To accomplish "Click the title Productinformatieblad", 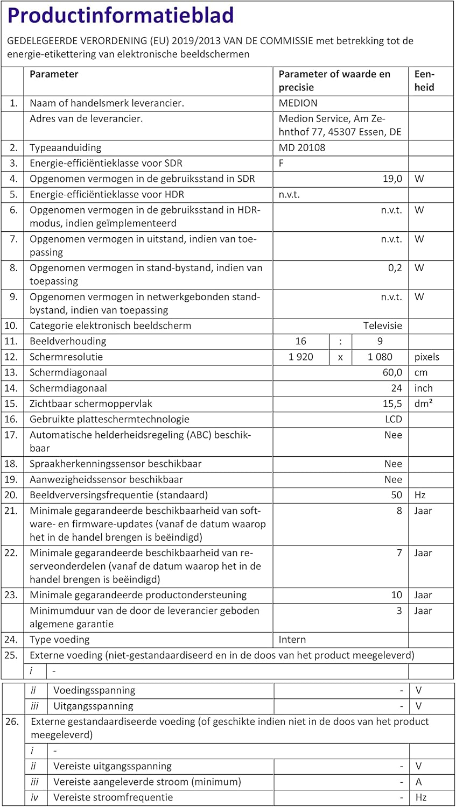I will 121,16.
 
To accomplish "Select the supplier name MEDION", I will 298,103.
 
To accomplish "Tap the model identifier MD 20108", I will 302,147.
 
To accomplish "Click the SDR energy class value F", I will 282,163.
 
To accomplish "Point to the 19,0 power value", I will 392,179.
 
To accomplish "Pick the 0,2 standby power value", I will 395,267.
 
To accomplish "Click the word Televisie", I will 382,325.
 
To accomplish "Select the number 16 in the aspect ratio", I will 300,341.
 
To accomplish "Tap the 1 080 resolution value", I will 380,357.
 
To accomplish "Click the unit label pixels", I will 427,357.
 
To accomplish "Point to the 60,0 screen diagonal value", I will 392,372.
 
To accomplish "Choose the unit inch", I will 424,388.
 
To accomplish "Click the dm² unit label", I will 424,403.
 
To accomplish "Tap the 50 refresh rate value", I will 396,495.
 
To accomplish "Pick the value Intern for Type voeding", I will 292,639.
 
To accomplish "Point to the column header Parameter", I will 54,74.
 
